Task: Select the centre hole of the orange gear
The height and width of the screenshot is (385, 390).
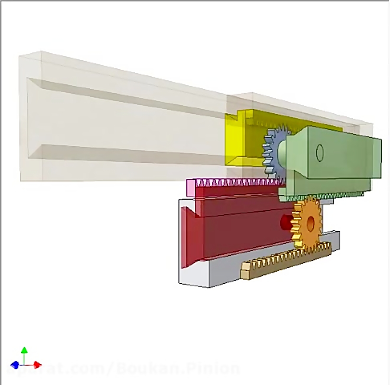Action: tap(310, 223)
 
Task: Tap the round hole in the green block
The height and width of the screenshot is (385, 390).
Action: tap(320, 153)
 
